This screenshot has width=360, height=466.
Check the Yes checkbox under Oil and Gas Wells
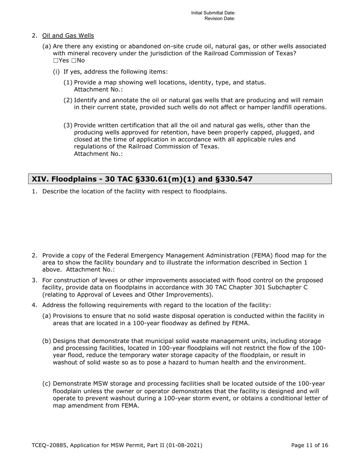tap(56, 61)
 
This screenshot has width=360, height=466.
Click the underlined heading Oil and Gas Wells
tap(68, 36)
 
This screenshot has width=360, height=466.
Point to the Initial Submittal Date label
tap(213, 13)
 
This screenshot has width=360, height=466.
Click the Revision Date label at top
tap(220, 19)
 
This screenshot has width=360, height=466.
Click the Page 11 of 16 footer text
tap(309, 446)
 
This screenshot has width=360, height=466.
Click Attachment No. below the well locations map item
tap(98, 89)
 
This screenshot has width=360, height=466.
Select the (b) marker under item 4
tap(47, 341)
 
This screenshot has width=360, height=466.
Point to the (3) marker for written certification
tap(68, 125)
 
